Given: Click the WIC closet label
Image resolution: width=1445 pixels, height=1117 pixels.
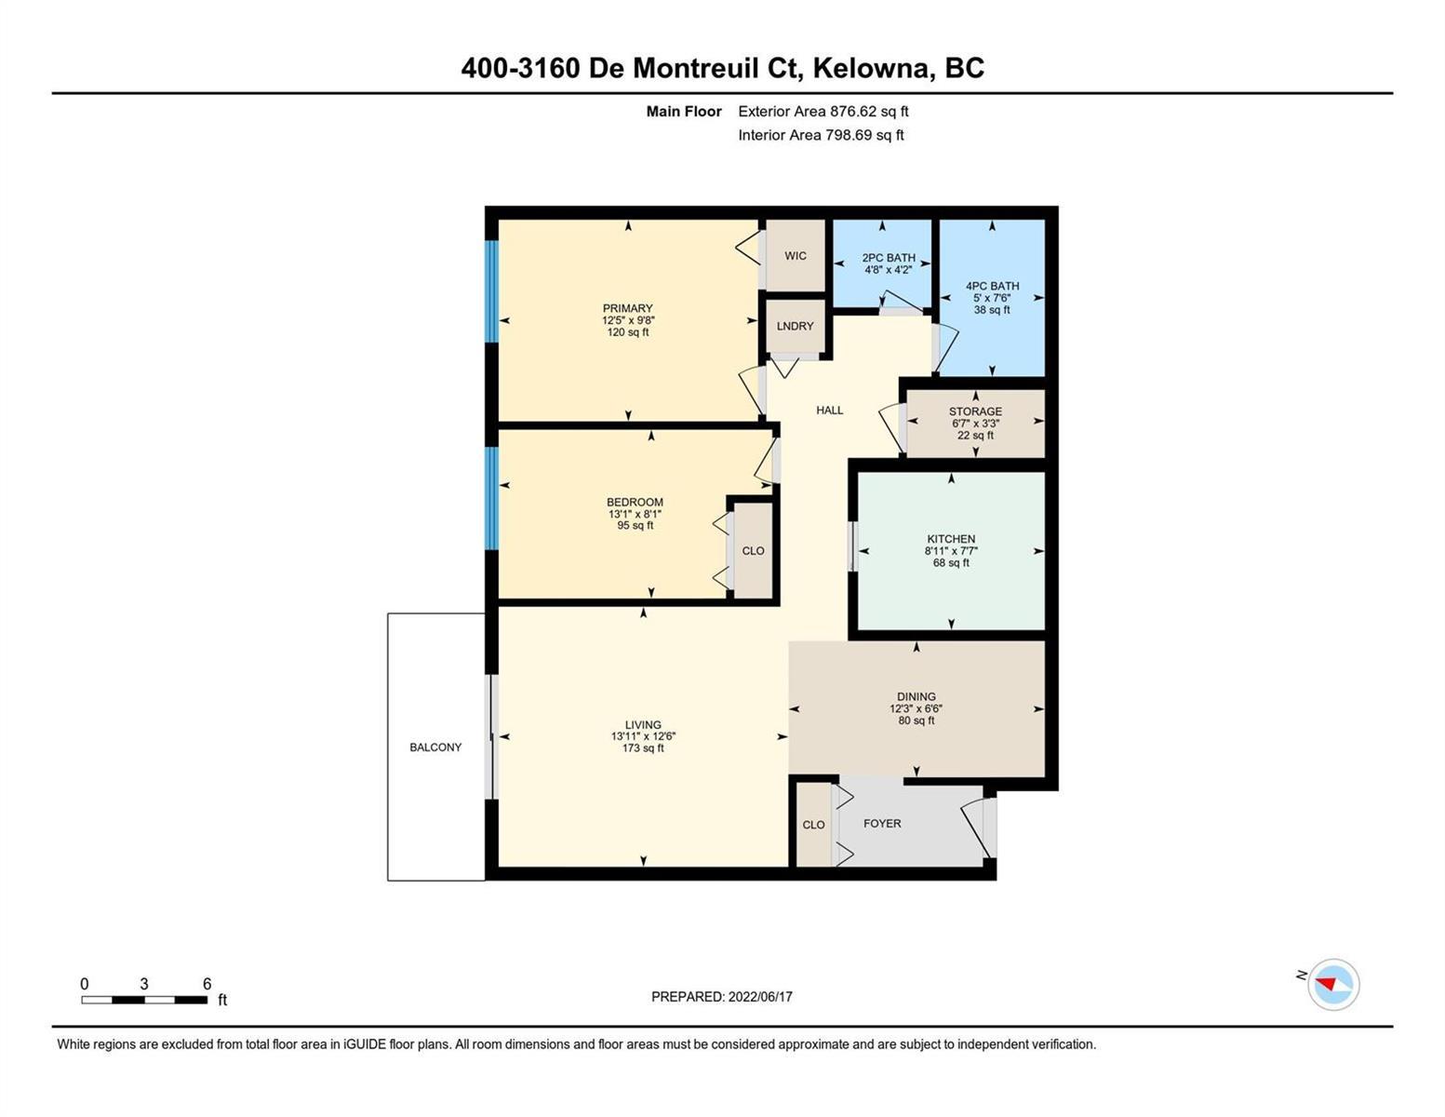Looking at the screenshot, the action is [x=795, y=255].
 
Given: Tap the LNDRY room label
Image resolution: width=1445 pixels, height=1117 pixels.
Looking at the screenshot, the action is [x=795, y=326].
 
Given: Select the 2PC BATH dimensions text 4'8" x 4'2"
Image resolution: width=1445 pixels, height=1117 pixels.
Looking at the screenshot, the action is [x=888, y=269].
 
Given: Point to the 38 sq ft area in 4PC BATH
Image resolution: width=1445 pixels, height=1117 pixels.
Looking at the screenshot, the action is [x=992, y=310].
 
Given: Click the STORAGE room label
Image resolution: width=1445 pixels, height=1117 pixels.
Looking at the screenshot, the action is [x=975, y=411].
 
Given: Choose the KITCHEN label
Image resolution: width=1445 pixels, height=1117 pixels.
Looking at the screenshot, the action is [x=951, y=539].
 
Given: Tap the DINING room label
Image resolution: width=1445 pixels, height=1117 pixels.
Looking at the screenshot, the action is [x=916, y=696].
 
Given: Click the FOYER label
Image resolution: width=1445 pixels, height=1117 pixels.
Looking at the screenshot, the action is [x=882, y=824].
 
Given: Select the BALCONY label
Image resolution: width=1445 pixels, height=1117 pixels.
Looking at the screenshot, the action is [x=435, y=747].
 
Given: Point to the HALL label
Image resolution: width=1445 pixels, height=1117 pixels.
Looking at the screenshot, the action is [x=829, y=410].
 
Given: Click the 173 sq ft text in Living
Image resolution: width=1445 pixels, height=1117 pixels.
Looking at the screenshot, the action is [x=643, y=747].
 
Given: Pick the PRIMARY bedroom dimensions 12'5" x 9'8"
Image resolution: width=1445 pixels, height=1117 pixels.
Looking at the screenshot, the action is [x=628, y=320].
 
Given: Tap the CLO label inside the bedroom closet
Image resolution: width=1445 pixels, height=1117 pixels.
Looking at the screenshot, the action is [x=753, y=551].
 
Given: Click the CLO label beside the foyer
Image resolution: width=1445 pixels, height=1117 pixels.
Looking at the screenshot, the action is [x=813, y=825].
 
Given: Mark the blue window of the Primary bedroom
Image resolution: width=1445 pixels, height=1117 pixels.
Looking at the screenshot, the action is [x=490, y=290].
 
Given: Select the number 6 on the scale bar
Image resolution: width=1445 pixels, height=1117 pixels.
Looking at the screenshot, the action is [x=207, y=984].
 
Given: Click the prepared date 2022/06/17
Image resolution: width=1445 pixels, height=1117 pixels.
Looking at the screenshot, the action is [x=760, y=997].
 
